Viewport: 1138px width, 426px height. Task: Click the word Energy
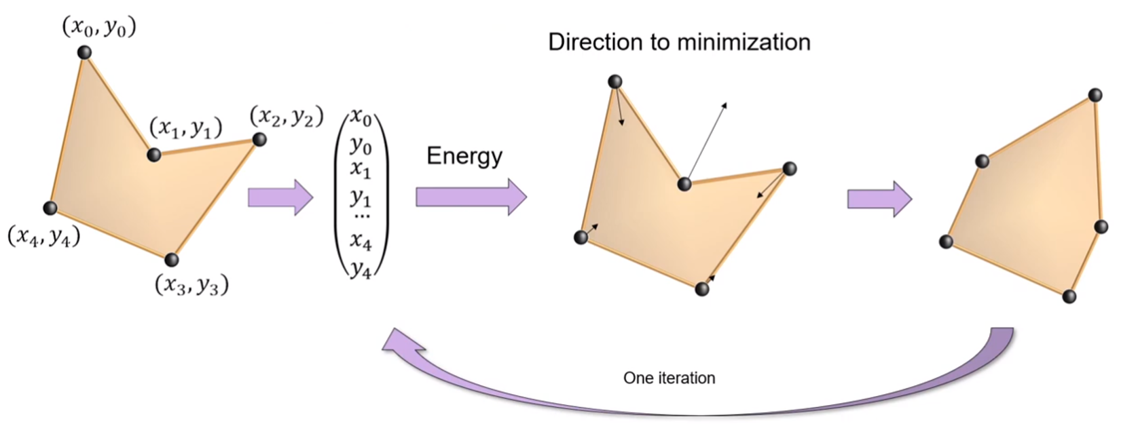pyautogui.click(x=464, y=156)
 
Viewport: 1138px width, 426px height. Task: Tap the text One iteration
pyautogui.click(x=669, y=378)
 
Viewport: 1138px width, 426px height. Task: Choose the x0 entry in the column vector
pyautogui.click(x=361, y=119)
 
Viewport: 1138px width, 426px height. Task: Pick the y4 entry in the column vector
pyautogui.click(x=361, y=271)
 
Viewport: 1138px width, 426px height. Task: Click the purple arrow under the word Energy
pyautogui.click(x=471, y=197)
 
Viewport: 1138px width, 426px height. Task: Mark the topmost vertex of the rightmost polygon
pyautogui.click(x=1095, y=96)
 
